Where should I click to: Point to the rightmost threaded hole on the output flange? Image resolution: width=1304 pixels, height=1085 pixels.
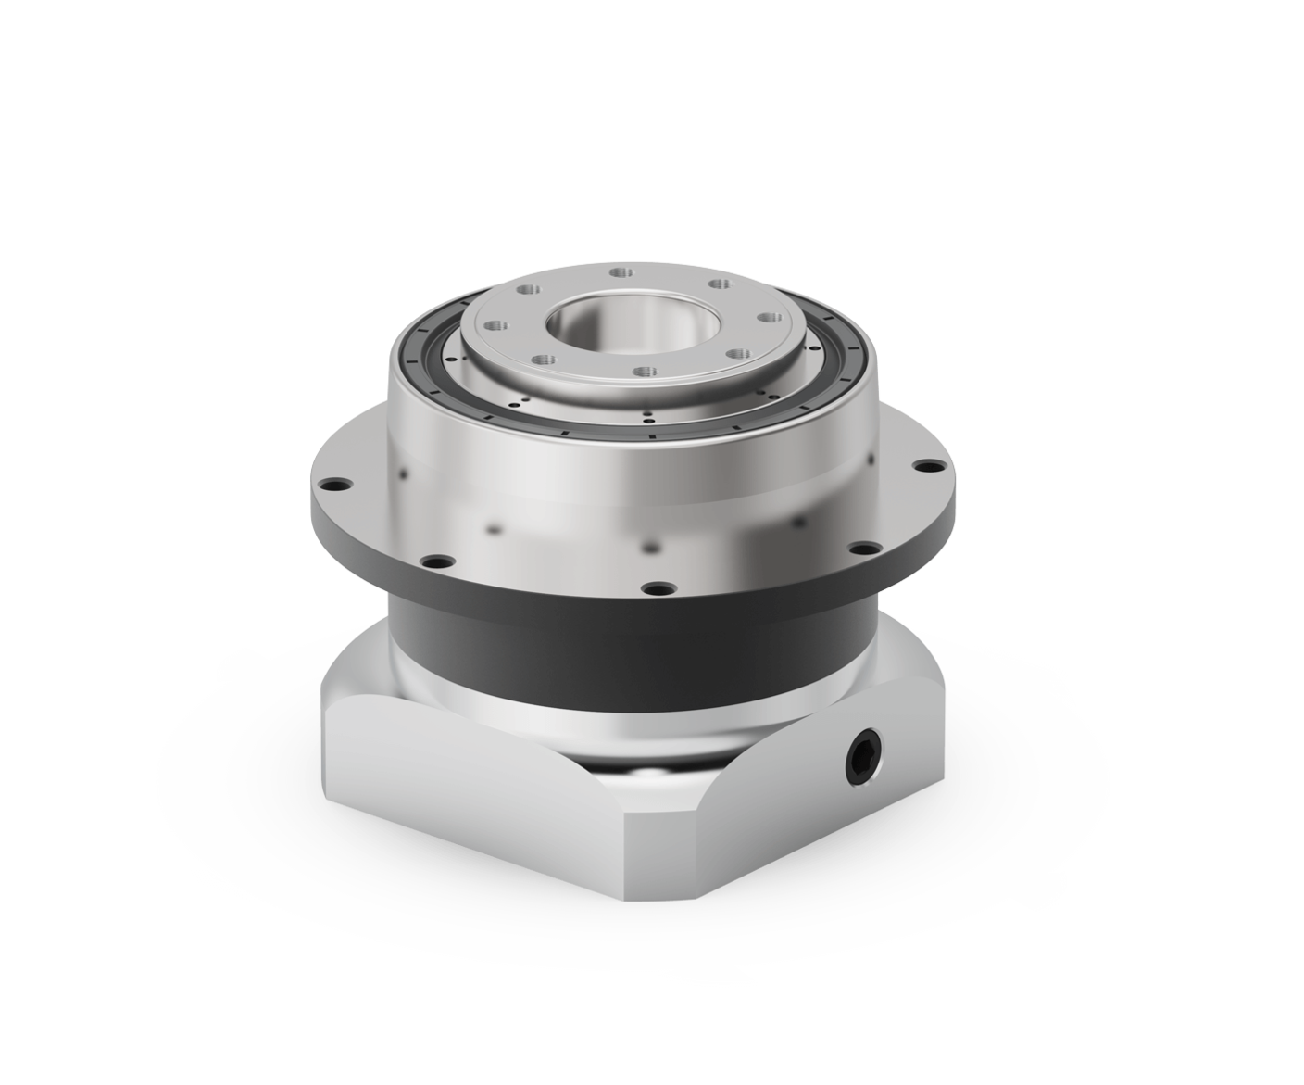point(767,318)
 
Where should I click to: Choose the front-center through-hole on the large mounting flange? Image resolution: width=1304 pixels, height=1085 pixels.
point(658,587)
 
